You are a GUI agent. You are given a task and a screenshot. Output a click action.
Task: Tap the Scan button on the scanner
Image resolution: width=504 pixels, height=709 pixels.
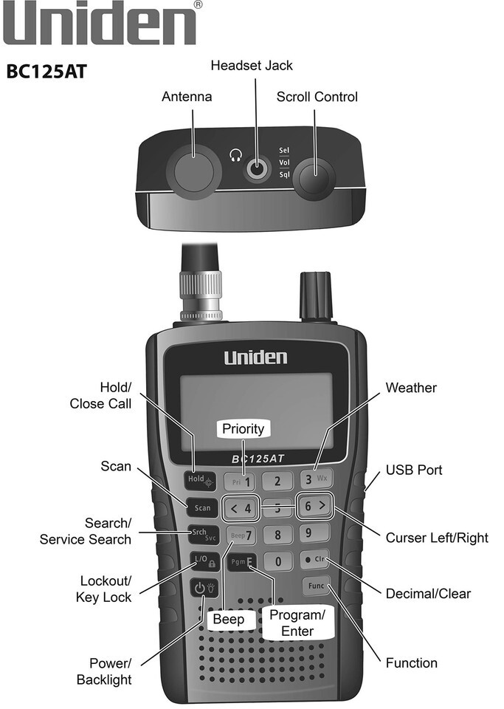202,508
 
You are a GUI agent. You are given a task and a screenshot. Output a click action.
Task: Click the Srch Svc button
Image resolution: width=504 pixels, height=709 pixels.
204,535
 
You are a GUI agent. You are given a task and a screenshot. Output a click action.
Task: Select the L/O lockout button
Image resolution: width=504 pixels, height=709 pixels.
204,561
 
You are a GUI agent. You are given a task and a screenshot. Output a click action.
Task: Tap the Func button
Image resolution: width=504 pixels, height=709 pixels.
316,586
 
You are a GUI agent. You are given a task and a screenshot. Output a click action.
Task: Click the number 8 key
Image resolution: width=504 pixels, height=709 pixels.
277,535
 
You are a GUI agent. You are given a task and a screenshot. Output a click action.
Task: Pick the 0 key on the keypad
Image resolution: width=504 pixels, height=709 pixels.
277,561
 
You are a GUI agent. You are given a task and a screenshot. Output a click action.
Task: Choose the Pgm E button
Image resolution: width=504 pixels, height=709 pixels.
241,562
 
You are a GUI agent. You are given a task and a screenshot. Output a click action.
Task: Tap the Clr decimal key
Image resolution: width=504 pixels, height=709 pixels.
315,559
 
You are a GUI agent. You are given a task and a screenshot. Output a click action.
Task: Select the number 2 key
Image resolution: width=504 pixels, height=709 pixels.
277,481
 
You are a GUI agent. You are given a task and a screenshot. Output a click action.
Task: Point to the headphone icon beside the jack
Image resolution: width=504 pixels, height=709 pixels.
235,156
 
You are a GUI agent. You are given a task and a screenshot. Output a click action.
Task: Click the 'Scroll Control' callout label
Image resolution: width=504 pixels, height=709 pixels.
317,97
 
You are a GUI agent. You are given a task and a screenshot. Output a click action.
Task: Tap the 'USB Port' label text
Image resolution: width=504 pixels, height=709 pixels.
414,470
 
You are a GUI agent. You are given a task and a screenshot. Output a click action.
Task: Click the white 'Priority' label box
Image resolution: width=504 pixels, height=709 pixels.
244,428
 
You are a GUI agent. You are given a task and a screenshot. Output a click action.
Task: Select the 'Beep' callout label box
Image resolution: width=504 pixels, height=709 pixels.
229,619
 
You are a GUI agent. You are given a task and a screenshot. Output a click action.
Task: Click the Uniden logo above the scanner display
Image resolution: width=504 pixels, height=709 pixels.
255,357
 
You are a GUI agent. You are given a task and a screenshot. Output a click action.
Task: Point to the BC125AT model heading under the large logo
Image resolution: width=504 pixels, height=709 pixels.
46,72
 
